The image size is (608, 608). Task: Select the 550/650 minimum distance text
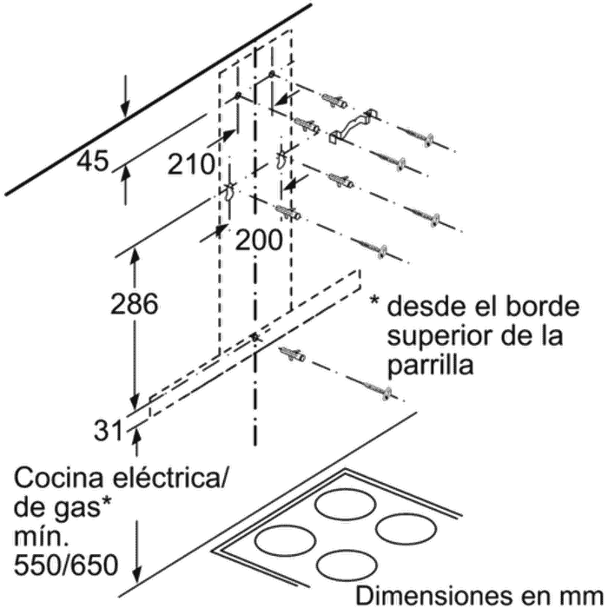[66, 566]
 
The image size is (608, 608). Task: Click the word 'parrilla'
[433, 365]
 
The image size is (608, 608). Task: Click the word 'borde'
[546, 306]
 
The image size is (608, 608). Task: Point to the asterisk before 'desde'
[375, 303]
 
